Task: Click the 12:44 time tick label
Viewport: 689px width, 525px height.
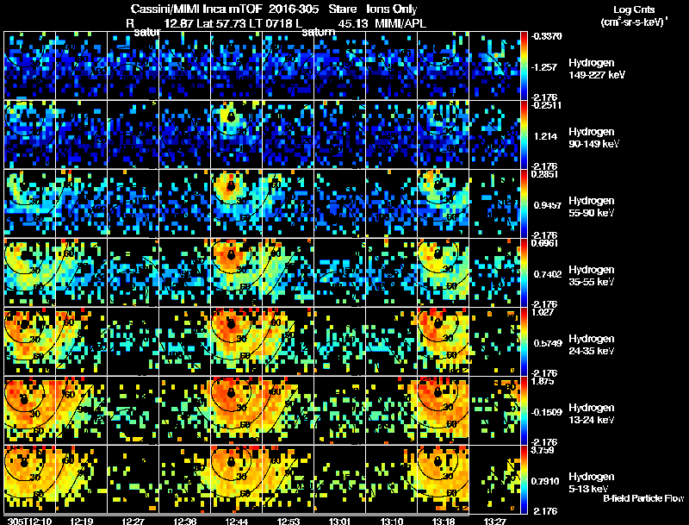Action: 237,520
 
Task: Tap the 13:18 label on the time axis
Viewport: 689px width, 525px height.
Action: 443,520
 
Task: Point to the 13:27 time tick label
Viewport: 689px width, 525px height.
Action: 495,520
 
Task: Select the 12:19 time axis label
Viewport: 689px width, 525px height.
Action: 83,520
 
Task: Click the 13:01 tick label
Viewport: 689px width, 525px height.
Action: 339,520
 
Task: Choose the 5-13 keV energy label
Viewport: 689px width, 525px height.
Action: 590,489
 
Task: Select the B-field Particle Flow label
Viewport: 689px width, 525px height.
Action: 643,499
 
